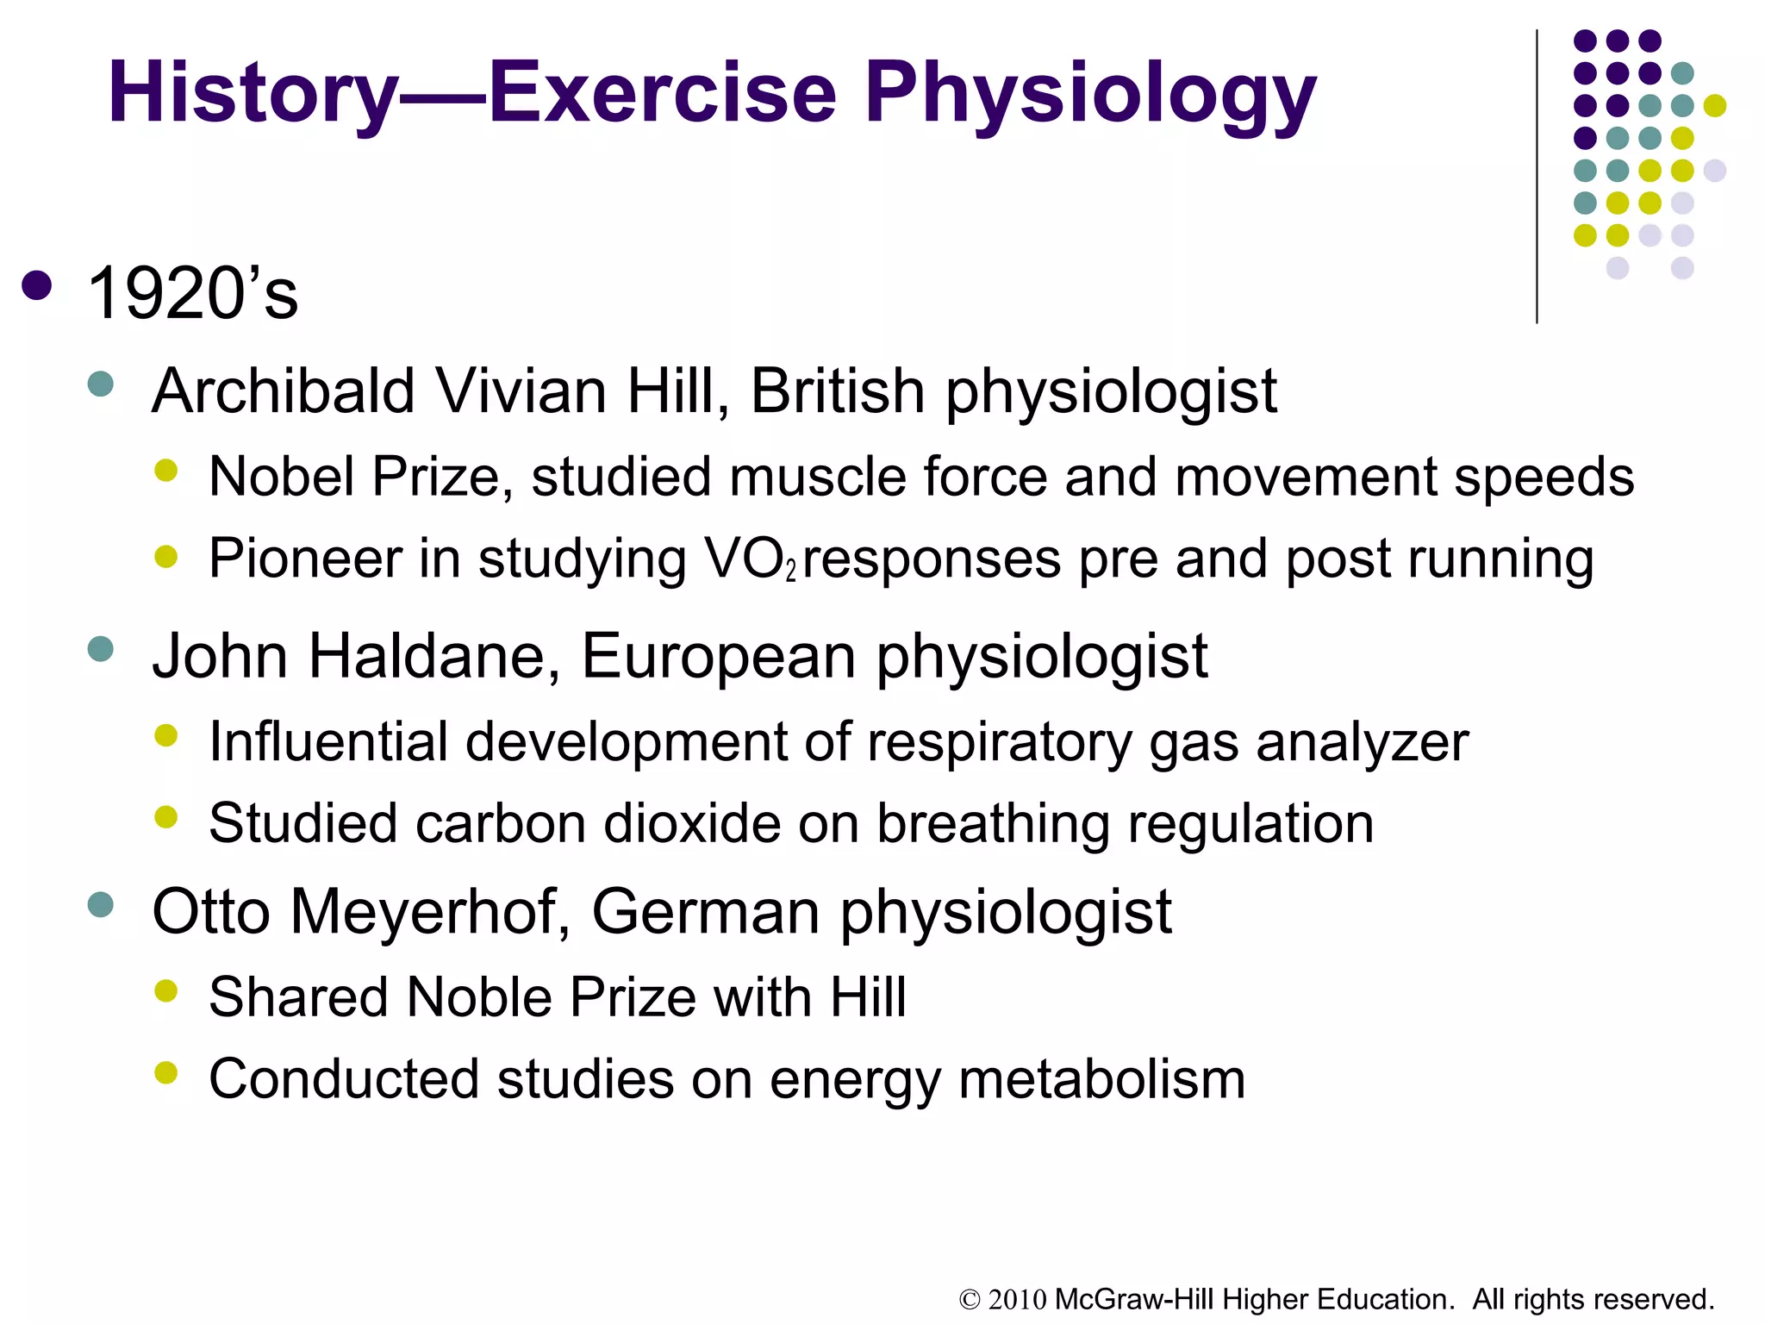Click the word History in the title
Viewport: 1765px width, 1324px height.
pos(253,93)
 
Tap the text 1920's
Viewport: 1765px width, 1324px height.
pos(192,294)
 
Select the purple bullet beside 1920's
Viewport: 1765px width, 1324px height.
pos(37,286)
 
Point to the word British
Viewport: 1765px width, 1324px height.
pos(838,391)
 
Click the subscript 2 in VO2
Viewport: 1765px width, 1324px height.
pos(791,571)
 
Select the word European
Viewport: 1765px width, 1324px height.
pos(720,657)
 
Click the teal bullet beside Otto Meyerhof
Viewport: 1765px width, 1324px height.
pos(101,904)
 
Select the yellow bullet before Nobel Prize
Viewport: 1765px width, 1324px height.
pos(165,471)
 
